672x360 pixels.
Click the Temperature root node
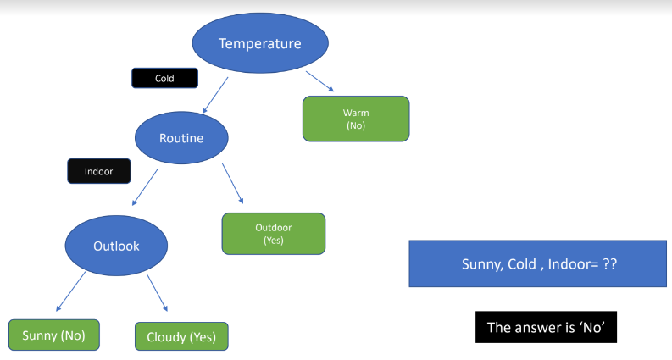click(259, 43)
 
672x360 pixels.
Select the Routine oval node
click(181, 138)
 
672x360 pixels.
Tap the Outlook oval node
click(116, 246)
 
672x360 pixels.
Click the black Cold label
click(164, 78)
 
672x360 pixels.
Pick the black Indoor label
click(98, 171)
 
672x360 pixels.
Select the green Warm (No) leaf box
click(356, 119)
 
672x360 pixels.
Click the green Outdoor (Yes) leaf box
click(274, 234)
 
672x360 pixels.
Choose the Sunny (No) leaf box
click(53, 335)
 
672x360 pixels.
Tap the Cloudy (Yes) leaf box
click(181, 336)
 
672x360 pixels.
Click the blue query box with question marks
click(539, 264)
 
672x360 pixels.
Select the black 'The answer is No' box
click(546, 327)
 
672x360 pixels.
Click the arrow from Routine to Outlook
click(145, 187)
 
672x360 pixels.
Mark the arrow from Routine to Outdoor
click(233, 183)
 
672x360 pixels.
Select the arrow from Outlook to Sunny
click(71, 291)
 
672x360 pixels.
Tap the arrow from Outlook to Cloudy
click(158, 293)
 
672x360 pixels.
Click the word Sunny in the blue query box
click(480, 264)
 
